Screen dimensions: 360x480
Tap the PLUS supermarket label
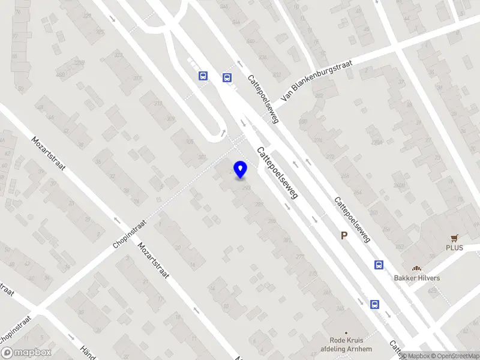[454, 247]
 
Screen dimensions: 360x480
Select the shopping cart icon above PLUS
[454, 238]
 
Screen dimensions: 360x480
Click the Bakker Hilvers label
[416, 278]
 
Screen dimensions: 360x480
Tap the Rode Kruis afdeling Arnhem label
[346, 345]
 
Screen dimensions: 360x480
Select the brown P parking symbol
[344, 236]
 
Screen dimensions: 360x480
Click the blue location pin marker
[240, 169]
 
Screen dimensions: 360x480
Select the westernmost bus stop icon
[203, 76]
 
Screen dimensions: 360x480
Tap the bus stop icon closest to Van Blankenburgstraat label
[227, 77]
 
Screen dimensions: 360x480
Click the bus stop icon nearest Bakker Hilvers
[379, 265]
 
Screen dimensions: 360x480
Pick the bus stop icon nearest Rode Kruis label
[374, 304]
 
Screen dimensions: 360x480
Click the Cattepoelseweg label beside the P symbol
[352, 219]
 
